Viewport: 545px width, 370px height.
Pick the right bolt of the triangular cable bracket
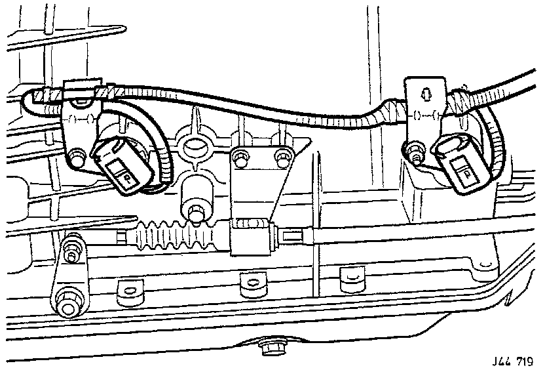[x=282, y=156]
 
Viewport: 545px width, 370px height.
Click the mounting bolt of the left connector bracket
[x=77, y=157]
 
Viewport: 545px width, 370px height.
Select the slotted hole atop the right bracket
[x=428, y=94]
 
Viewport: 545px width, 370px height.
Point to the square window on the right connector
[x=466, y=173]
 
